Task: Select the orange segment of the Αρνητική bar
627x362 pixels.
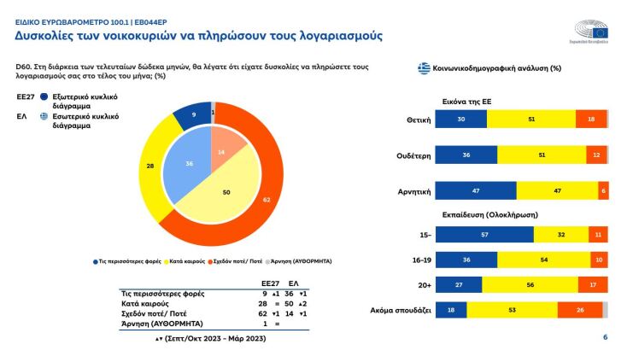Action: coord(603,190)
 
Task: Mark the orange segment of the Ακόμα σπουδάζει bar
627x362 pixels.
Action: coord(579,310)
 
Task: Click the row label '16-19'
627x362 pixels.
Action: coord(416,259)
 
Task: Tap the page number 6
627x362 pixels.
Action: coord(605,338)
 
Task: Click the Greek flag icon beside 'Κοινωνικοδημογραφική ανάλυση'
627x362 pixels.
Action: coord(423,67)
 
